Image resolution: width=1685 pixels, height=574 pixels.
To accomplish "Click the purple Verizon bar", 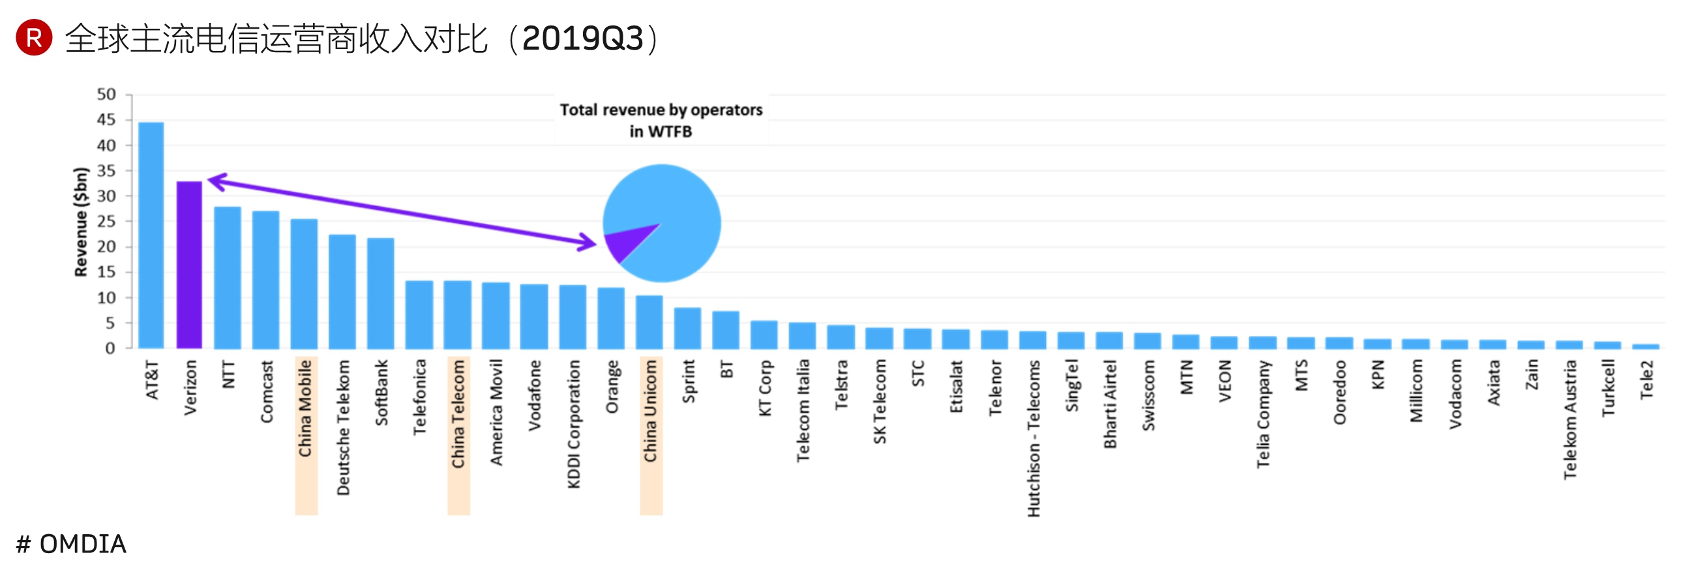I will pyautogui.click(x=189, y=264).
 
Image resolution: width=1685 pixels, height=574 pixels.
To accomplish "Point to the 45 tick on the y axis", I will pyautogui.click(x=106, y=120).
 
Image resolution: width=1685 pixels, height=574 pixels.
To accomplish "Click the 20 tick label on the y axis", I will pyautogui.click(x=106, y=247).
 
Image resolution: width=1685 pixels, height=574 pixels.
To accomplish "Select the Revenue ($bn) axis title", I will pyautogui.click(x=81, y=222).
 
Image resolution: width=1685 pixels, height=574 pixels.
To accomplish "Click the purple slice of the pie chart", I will pyautogui.click(x=624, y=241).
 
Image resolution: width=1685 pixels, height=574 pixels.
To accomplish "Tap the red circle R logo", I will pyautogui.click(x=34, y=37).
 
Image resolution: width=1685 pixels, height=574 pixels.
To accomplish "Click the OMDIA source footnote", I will pyautogui.click(x=71, y=544).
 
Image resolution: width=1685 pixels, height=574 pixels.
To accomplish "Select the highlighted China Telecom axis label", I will pyautogui.click(x=458, y=414).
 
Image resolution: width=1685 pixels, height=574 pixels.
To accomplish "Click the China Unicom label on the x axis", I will pyautogui.click(x=650, y=410).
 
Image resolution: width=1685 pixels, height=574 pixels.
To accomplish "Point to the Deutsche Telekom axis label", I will pyautogui.click(x=344, y=427).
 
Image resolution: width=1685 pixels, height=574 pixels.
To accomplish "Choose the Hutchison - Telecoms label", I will pyautogui.click(x=1034, y=438).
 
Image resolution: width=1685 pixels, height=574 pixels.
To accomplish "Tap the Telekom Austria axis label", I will pyautogui.click(x=1570, y=419).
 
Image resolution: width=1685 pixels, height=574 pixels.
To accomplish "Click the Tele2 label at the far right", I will pyautogui.click(x=1647, y=379).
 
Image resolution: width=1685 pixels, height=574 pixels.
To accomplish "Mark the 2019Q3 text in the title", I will pyautogui.click(x=583, y=38).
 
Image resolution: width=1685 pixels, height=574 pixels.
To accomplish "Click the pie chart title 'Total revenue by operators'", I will pyautogui.click(x=661, y=110).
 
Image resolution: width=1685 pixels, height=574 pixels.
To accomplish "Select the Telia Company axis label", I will pyautogui.click(x=1263, y=414).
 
